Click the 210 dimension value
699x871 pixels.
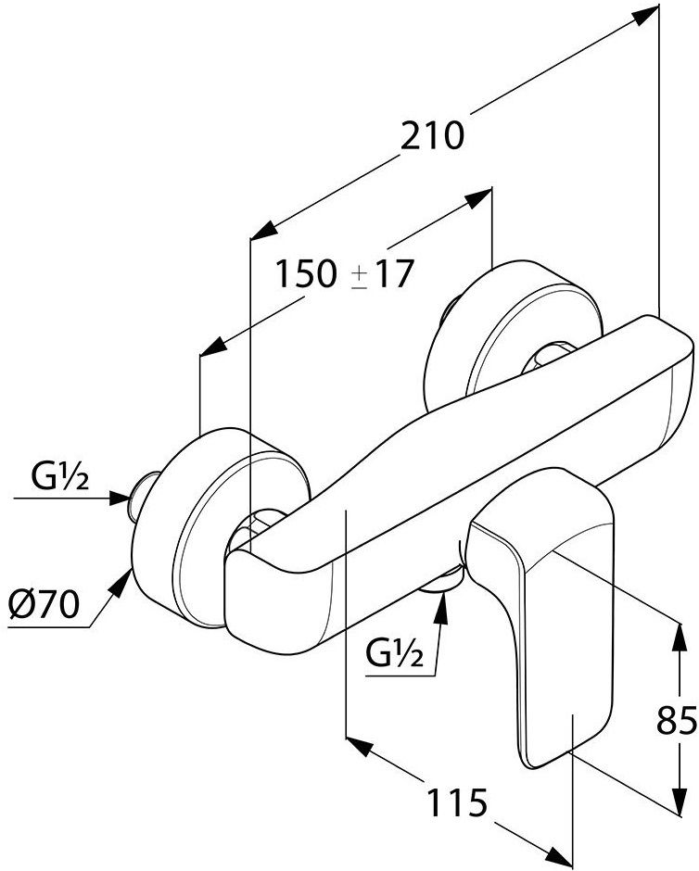pyautogui.click(x=432, y=136)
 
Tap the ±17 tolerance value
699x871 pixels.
pyautogui.click(x=384, y=274)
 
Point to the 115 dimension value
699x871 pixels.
pyautogui.click(x=457, y=802)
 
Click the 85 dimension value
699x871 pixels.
pyautogui.click(x=677, y=720)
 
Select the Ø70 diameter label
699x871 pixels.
pyautogui.click(x=44, y=604)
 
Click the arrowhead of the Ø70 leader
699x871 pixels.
pyautogui.click(x=121, y=582)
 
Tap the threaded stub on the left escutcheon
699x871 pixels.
pyautogui.click(x=141, y=496)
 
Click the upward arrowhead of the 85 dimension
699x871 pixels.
pyautogui.click(x=679, y=636)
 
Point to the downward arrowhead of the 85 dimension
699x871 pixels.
pyautogui.click(x=679, y=801)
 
